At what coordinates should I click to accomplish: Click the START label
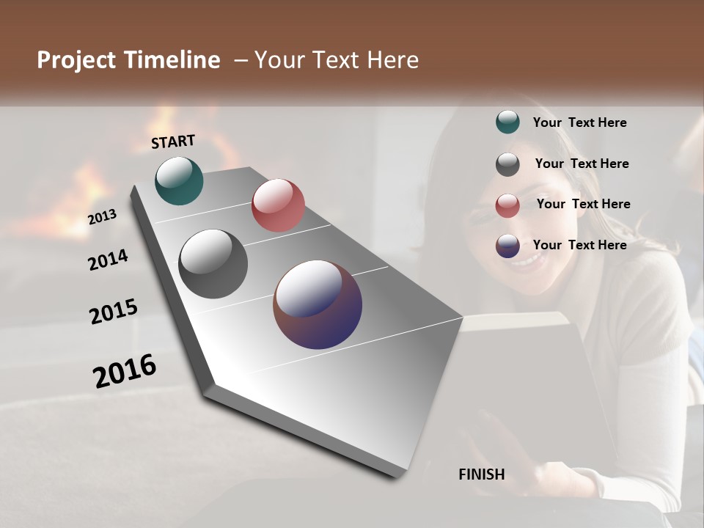pos(173,142)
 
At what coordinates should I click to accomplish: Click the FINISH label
pos(482,474)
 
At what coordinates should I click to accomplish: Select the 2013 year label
pos(103,217)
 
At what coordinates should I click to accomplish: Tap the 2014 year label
pos(109,260)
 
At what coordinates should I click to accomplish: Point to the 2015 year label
pos(114,312)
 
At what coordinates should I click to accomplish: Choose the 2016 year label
pos(125,370)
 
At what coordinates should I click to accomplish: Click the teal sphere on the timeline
pos(179,180)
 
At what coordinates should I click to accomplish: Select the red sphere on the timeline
pos(278,205)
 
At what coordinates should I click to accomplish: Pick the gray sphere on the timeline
pos(213,264)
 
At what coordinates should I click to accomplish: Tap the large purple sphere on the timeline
pos(318,304)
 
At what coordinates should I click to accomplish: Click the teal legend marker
pos(507,122)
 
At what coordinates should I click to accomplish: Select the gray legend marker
pos(507,164)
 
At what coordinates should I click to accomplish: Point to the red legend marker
pos(507,205)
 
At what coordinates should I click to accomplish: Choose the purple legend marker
pos(507,246)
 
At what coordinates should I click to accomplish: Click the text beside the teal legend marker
pos(579,122)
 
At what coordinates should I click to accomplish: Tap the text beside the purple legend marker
pos(579,245)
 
